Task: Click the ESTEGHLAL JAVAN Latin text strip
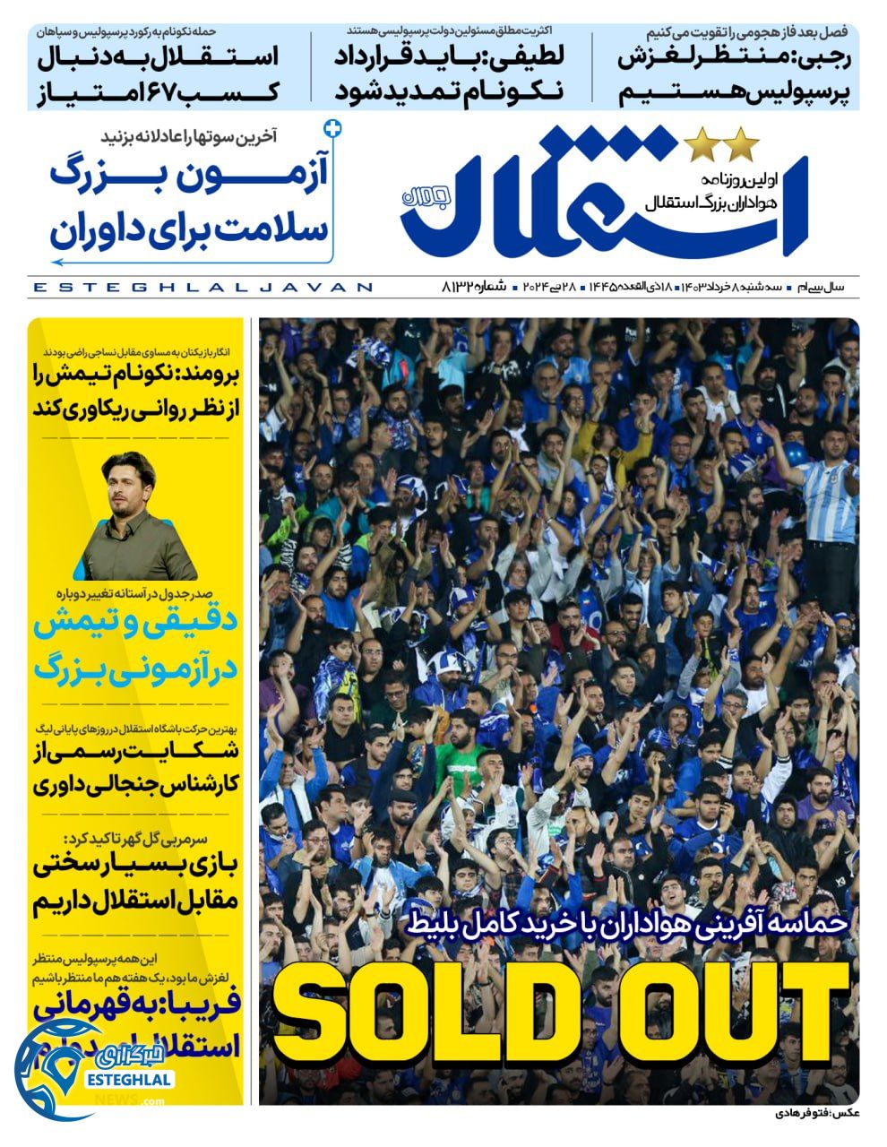pyautogui.click(x=202, y=287)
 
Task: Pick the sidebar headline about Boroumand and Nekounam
pyautogui.click(x=136, y=392)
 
